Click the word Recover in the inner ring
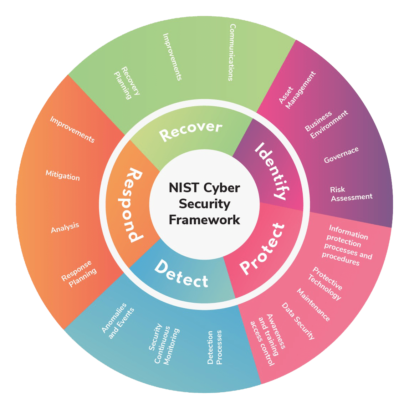pos(191,131)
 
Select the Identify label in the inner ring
pos(270,171)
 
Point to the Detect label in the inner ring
pos(182,274)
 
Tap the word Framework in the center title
pos(204,220)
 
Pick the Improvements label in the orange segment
pos(72,129)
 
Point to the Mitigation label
pos(63,175)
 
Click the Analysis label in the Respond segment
pos(65,227)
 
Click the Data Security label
pos(298,321)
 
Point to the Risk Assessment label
pos(351,194)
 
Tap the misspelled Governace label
pos(341,155)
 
